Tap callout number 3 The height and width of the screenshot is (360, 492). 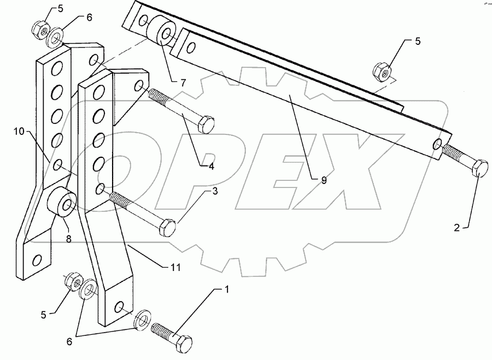tap(215, 191)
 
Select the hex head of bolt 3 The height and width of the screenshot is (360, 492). tap(167, 226)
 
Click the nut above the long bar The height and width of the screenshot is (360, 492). tap(382, 70)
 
